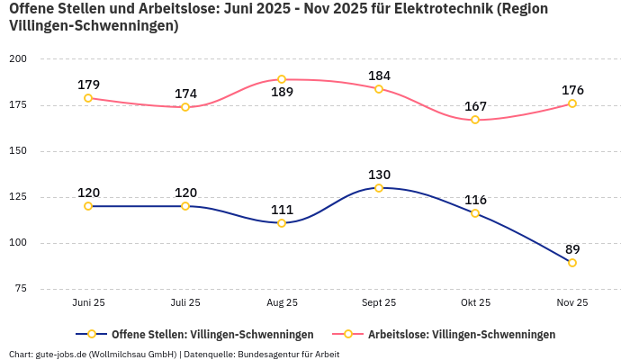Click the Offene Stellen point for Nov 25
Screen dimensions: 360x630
click(572, 263)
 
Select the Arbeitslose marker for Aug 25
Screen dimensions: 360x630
click(282, 79)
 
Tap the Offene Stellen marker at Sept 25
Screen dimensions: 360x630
click(379, 188)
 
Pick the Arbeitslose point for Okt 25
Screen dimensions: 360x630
click(475, 120)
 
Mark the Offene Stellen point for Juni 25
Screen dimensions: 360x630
click(88, 206)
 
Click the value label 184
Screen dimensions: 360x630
click(379, 75)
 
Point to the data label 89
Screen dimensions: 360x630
click(572, 249)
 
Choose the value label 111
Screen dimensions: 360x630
click(282, 209)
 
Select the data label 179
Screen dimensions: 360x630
click(88, 85)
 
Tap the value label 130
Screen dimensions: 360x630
click(379, 175)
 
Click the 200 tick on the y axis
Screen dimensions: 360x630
click(18, 59)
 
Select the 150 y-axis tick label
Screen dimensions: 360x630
click(18, 151)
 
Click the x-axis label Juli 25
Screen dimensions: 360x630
click(185, 303)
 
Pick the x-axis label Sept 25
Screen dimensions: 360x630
click(379, 303)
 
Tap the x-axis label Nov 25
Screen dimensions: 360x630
click(572, 303)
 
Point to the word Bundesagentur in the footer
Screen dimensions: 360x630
click(268, 355)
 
